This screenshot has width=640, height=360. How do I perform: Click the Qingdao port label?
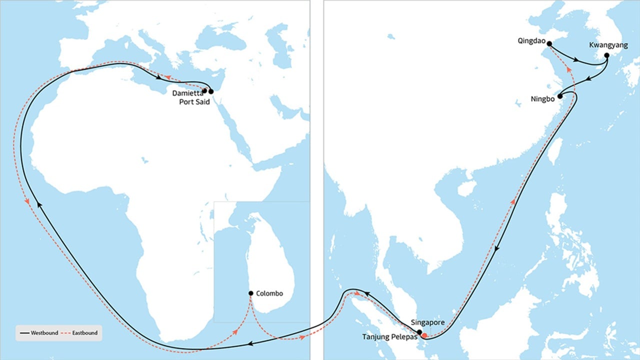coord(532,41)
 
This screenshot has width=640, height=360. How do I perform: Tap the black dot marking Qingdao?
coord(549,43)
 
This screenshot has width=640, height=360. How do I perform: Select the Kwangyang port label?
coord(608,45)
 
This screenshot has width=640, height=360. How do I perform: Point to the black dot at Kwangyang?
coord(607,55)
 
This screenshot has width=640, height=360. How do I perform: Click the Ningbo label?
coord(542,98)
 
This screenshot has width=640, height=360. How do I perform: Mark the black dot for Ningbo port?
coord(560,96)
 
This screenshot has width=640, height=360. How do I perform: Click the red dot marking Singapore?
coord(424,335)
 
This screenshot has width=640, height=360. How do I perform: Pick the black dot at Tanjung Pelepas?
coord(419,332)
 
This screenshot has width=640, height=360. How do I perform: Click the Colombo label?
coord(269,293)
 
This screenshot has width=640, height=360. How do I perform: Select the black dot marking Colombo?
coord(250,293)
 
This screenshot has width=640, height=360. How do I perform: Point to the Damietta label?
coord(187,93)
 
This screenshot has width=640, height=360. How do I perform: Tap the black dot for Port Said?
coord(211,91)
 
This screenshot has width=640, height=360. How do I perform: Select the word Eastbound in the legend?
coord(84,332)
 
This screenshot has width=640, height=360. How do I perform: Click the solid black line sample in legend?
coord(24,333)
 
